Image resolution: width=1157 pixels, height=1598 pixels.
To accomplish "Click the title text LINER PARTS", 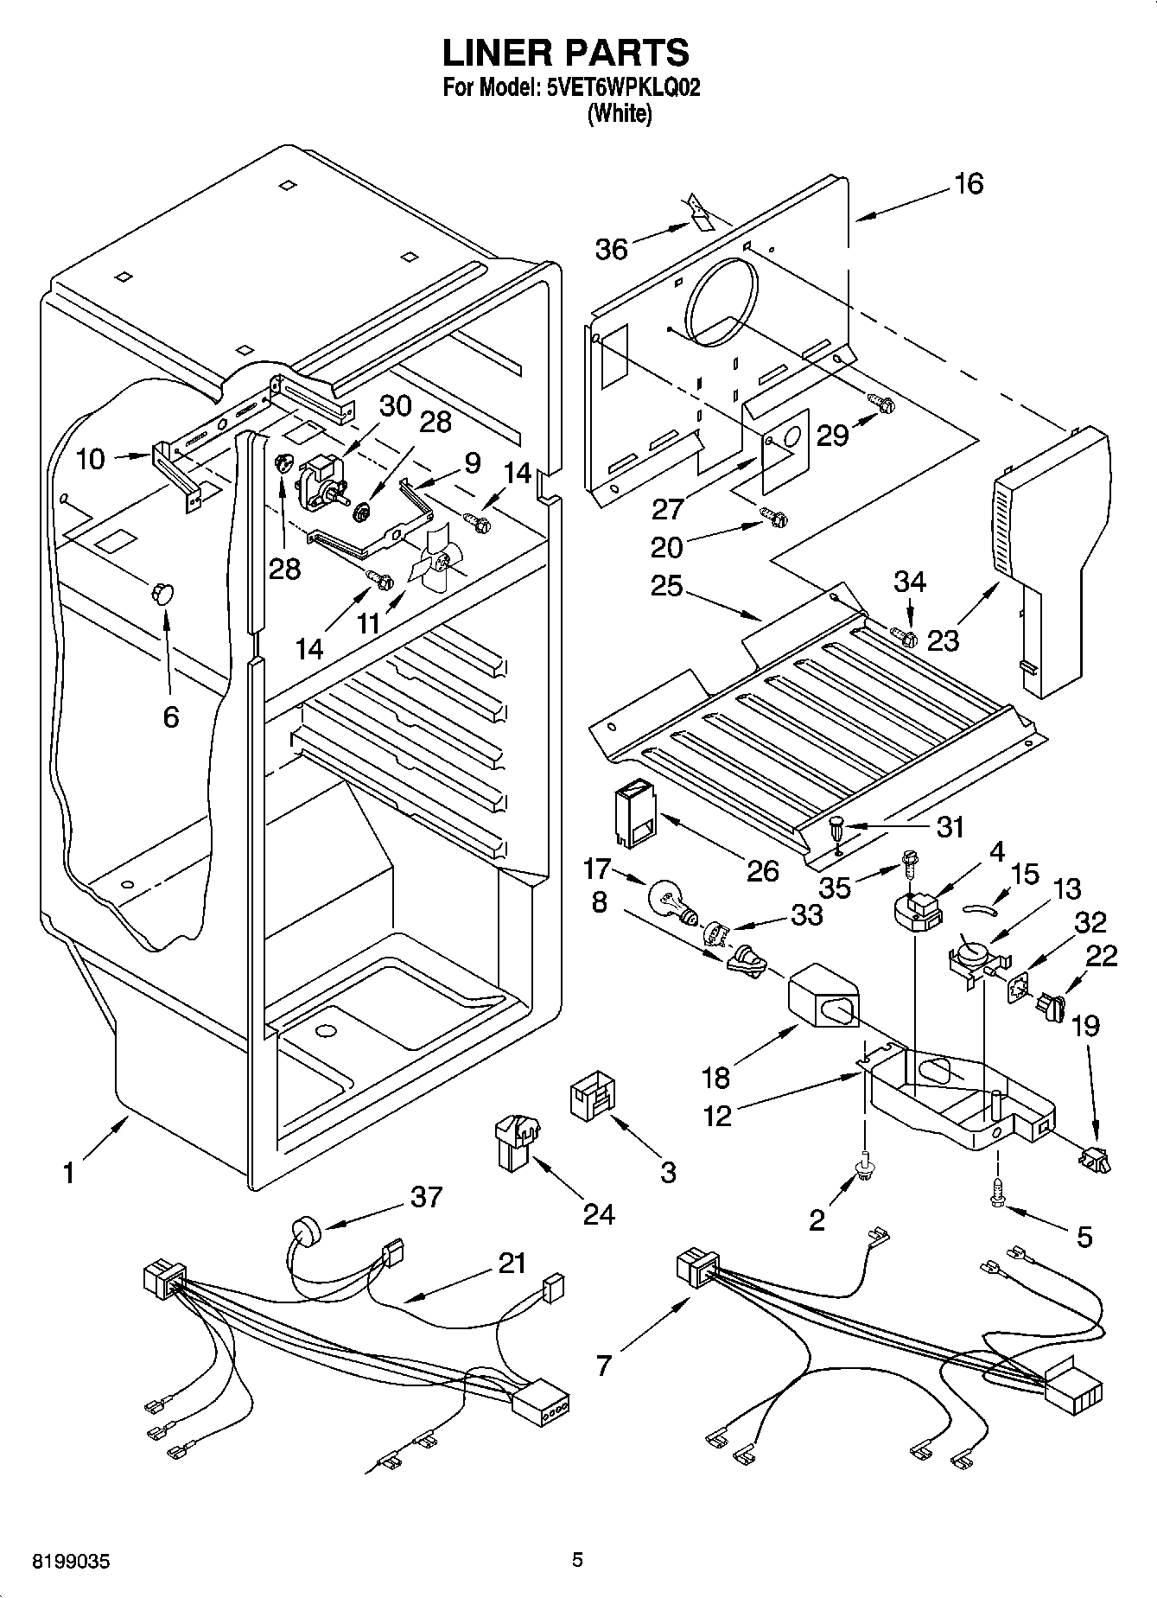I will point(566,53).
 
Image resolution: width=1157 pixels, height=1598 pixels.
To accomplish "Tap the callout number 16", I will point(969,183).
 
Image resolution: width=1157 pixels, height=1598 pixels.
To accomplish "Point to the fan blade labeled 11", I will point(438,564).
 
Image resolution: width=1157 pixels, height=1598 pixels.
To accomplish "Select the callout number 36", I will point(611,249).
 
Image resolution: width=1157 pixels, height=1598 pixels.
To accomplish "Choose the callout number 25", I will point(667,586).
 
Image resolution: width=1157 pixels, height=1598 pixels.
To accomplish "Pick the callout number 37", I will point(427,1197).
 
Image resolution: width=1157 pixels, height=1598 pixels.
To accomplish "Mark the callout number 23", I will point(944,640).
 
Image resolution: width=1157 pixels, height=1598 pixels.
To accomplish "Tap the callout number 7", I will point(603,1366).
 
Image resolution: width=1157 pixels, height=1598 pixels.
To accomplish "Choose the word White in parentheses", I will point(619,114).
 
